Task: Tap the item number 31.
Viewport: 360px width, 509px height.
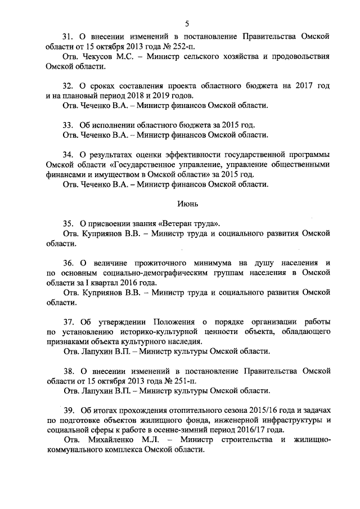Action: tap(68, 37)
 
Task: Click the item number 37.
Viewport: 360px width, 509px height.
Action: tap(68, 322)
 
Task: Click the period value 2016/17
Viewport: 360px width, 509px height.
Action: tap(247, 429)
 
